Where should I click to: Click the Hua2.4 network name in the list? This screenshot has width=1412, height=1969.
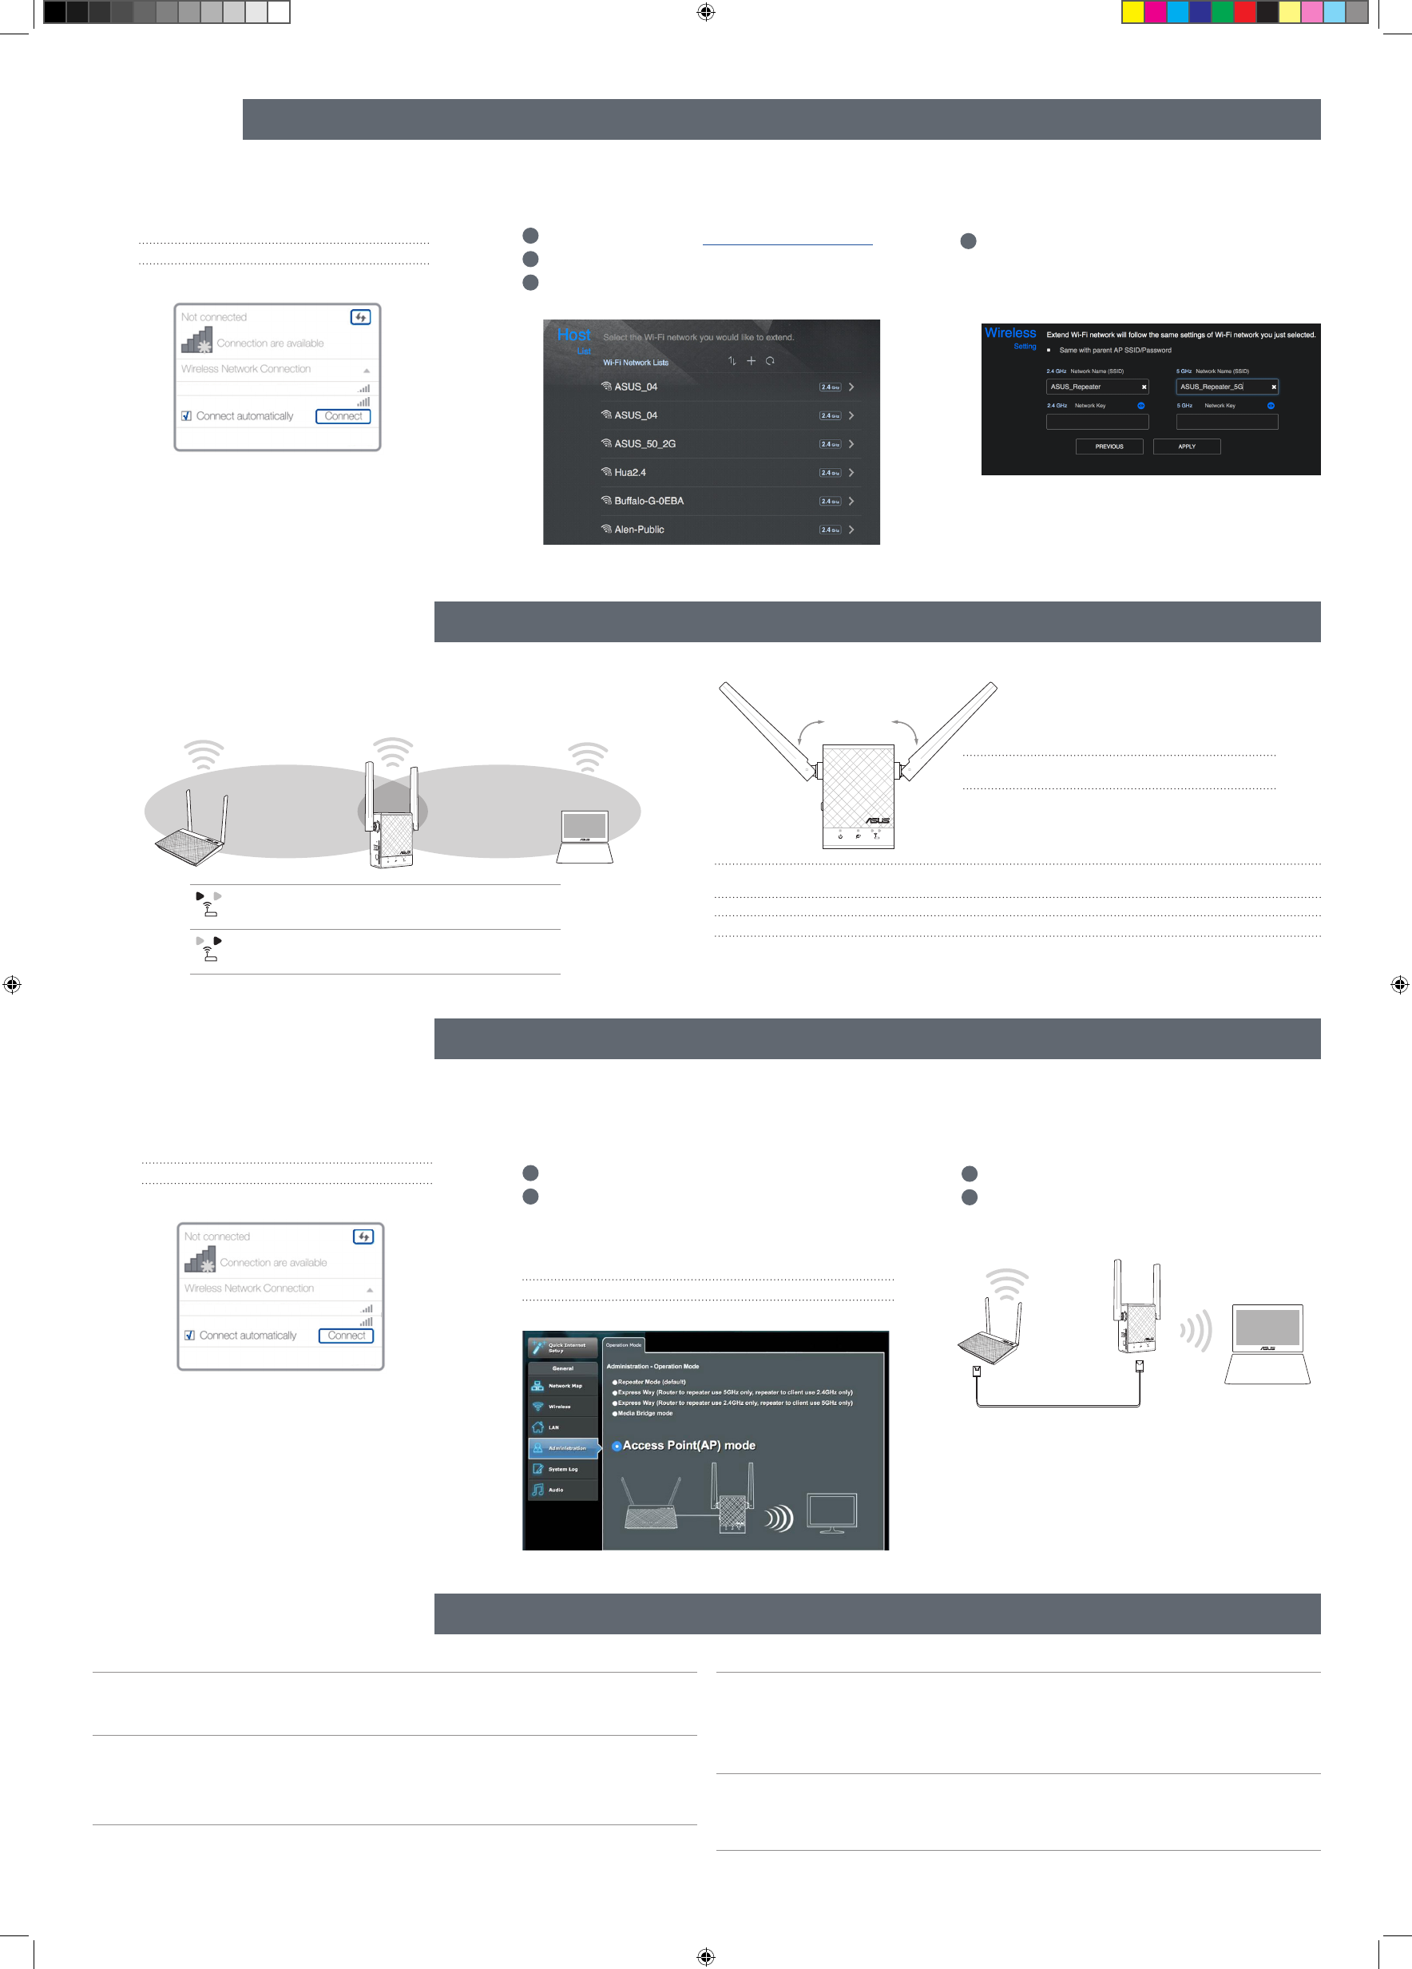click(629, 472)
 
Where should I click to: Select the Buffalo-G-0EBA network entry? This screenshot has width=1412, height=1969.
click(648, 501)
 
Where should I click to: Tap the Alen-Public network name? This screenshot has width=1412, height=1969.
click(639, 530)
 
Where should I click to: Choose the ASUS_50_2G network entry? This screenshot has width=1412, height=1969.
click(644, 443)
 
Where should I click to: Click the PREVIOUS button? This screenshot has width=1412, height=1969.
click(1109, 447)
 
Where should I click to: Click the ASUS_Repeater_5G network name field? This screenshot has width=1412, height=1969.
click(1225, 387)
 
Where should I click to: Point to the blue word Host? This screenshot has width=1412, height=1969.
click(573, 335)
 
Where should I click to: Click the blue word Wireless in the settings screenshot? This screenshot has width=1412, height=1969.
click(1009, 332)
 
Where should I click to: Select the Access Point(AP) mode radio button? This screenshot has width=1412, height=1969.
click(617, 1446)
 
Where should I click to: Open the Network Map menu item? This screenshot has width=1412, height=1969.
click(563, 1386)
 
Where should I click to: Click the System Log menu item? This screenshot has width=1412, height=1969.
click(562, 1469)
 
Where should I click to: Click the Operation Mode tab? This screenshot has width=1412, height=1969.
click(623, 1345)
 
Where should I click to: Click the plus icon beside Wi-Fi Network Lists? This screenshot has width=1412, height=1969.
click(751, 361)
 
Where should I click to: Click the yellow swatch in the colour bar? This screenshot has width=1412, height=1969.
click(1132, 12)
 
